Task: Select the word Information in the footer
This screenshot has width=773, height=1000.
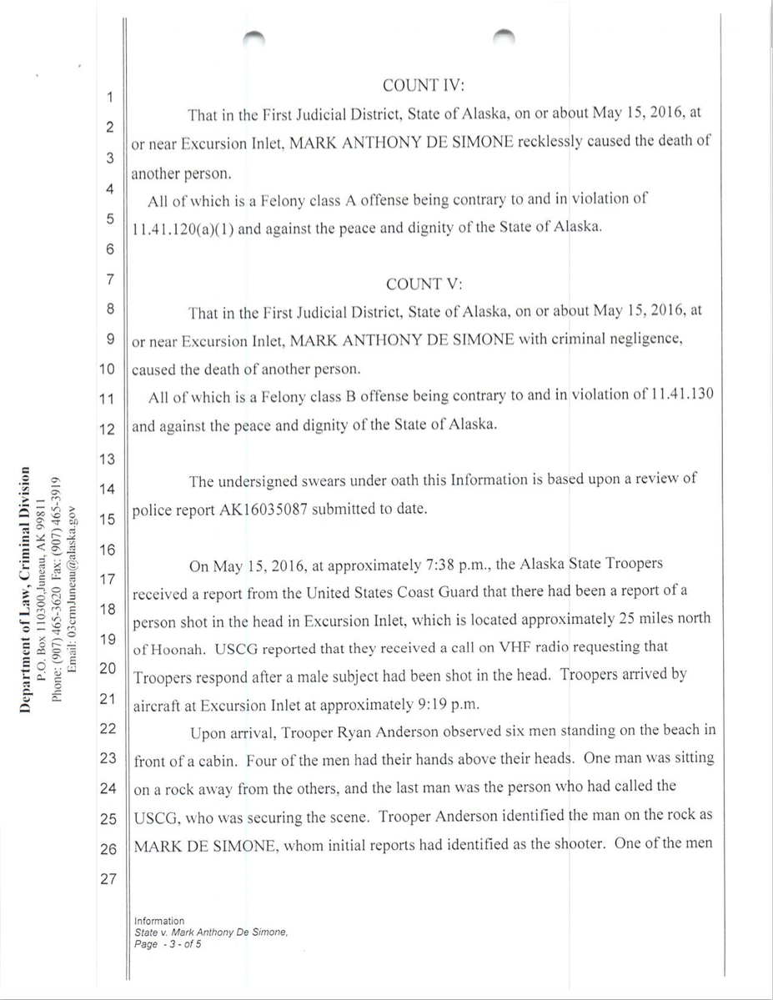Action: point(158,921)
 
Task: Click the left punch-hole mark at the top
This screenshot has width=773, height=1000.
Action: point(253,35)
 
